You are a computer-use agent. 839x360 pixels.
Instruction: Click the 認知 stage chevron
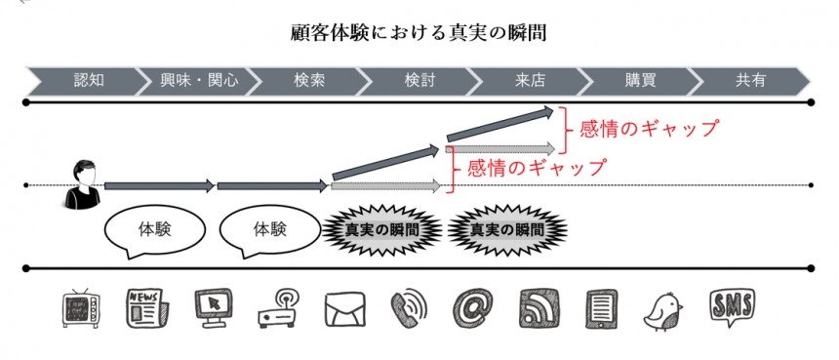(x=86, y=81)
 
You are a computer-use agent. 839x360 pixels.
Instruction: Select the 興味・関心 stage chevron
(x=198, y=81)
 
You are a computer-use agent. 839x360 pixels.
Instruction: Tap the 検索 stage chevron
(x=309, y=81)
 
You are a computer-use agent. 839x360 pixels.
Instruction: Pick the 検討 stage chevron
(x=420, y=81)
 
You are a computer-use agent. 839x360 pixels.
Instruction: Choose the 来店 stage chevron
(x=530, y=81)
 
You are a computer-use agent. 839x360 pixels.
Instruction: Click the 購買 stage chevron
(x=640, y=81)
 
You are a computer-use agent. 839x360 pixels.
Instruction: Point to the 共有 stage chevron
(x=750, y=81)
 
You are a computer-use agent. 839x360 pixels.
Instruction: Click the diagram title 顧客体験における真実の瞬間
(x=419, y=32)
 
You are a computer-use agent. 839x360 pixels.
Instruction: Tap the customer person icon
(x=83, y=184)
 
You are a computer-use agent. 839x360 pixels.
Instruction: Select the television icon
(x=81, y=308)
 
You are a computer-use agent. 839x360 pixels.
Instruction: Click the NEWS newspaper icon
(x=147, y=308)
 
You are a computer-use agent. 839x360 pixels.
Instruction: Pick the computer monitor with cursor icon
(x=213, y=307)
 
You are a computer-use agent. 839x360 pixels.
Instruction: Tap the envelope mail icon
(x=345, y=309)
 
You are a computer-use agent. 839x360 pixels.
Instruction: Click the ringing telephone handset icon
(x=410, y=308)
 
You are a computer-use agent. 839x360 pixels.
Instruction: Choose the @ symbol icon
(x=472, y=308)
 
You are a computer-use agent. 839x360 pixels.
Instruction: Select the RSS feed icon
(x=539, y=308)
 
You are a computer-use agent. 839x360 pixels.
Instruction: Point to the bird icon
(x=663, y=312)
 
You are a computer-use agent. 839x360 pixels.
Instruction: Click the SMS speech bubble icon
(x=732, y=307)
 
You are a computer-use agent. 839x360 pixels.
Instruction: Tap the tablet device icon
(x=601, y=308)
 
